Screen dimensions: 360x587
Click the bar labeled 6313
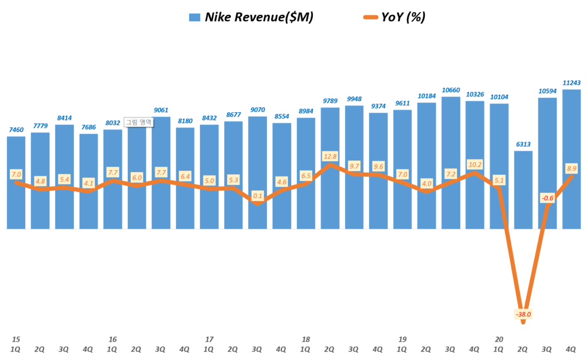pyautogui.click(x=523, y=189)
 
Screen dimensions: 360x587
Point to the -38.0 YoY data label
pyautogui.click(x=523, y=314)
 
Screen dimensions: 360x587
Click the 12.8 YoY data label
pyautogui.click(x=330, y=156)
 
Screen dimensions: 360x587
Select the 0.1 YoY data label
pyautogui.click(x=257, y=195)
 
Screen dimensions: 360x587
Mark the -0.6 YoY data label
pyautogui.click(x=547, y=198)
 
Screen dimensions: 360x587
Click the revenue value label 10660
pyautogui.click(x=451, y=90)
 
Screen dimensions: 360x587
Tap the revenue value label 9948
pyautogui.click(x=354, y=99)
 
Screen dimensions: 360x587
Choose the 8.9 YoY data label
pyautogui.click(x=571, y=169)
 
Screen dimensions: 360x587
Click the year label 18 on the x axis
pyautogui.click(x=306, y=339)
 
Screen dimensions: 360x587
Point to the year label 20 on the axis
pyautogui.click(x=499, y=339)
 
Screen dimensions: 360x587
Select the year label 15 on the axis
pyautogui.click(x=16, y=339)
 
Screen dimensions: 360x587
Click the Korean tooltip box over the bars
pyautogui.click(x=138, y=122)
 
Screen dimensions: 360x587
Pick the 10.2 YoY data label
pyautogui.click(x=475, y=163)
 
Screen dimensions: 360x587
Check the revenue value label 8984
pyautogui.click(x=306, y=111)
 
